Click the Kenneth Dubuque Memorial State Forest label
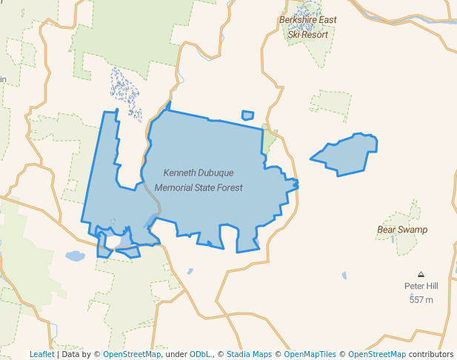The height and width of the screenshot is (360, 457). tap(199, 180)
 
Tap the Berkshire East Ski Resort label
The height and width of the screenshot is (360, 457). tap(307, 27)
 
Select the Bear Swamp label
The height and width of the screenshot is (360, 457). tap(402, 230)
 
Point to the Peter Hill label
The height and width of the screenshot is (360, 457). tap(421, 286)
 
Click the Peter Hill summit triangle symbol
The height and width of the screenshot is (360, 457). tap(421, 274)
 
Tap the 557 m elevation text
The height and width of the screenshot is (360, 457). tap(421, 299)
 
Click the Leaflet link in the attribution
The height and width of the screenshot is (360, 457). tap(41, 354)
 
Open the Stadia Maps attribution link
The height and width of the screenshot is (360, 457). tap(249, 354)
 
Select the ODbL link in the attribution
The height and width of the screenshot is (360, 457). tap(199, 354)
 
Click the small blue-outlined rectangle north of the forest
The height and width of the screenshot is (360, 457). tap(247, 116)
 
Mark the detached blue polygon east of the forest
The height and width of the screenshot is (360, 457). tap(347, 154)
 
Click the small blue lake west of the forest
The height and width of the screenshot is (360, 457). tap(75, 256)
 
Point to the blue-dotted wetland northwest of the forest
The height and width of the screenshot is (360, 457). tap(125, 92)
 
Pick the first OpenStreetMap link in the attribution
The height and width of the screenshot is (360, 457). tap(131, 354)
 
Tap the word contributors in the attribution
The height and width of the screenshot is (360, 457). tap(431, 354)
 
